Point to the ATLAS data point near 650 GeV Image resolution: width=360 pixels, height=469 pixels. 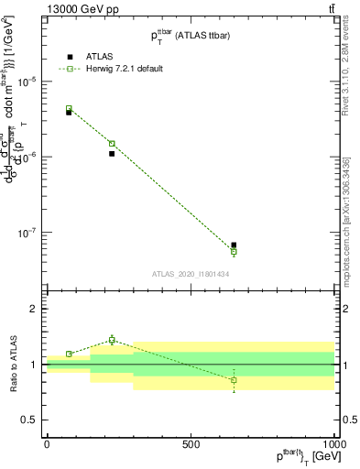click(234, 245)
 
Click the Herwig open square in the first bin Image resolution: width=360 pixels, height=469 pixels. click(69, 108)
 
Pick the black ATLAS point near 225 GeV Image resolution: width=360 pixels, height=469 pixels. click(112, 154)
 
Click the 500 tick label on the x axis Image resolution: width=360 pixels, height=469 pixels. click(191, 443)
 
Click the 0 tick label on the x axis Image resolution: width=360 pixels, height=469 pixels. click(47, 443)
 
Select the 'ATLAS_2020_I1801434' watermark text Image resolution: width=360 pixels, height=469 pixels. click(190, 274)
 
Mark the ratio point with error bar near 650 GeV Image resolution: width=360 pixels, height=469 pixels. click(234, 379)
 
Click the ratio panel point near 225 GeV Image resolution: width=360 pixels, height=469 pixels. click(112, 340)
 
